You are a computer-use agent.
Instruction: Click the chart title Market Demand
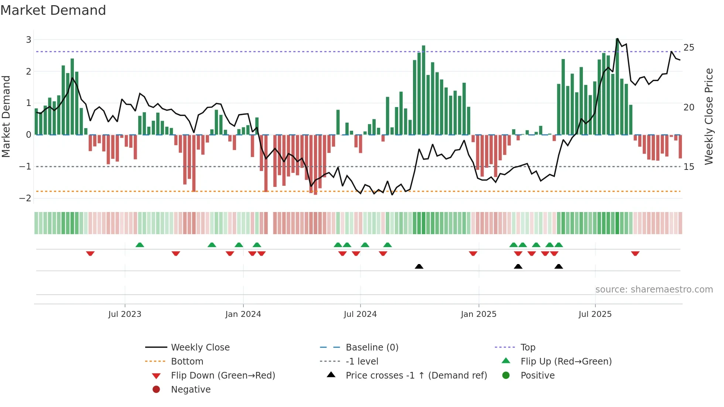(53, 10)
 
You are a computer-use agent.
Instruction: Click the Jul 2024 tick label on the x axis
(360, 314)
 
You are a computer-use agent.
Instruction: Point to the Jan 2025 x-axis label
(478, 314)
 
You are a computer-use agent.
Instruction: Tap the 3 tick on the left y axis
(28, 40)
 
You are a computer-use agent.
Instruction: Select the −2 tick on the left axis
(25, 198)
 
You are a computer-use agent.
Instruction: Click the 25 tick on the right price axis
(689, 48)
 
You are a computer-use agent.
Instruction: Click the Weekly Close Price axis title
(708, 116)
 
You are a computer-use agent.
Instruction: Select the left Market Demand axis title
(6, 116)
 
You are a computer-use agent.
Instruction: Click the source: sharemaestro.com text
(654, 290)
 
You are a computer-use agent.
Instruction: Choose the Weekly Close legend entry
(200, 348)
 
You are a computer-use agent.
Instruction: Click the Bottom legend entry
(187, 362)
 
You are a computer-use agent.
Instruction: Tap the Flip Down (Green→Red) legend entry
(223, 376)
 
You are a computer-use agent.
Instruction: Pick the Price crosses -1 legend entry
(416, 376)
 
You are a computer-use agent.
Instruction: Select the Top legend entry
(527, 348)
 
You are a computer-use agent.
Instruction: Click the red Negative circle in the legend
(156, 390)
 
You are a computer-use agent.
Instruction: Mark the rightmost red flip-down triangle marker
(635, 253)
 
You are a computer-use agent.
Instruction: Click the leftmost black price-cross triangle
(419, 266)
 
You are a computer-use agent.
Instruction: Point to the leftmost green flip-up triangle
(140, 245)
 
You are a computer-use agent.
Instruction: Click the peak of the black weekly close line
(617, 38)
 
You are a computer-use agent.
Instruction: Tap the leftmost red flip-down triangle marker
(90, 253)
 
